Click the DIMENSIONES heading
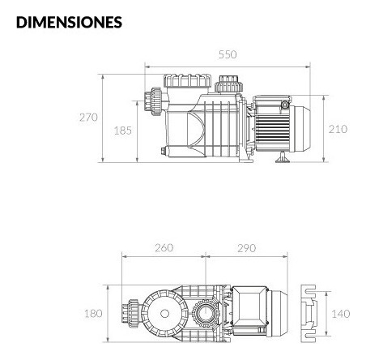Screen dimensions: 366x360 click(x=69, y=22)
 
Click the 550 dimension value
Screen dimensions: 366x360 click(x=228, y=54)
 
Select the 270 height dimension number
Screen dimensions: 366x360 click(x=88, y=118)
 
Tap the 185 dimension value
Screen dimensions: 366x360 click(x=123, y=131)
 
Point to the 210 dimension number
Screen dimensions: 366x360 click(x=338, y=129)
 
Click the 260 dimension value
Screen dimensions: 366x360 click(x=164, y=248)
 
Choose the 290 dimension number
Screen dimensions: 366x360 click(x=246, y=248)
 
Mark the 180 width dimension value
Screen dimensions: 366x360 click(x=93, y=314)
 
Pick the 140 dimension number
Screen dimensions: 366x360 click(x=341, y=314)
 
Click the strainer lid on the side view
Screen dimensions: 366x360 click(x=188, y=80)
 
